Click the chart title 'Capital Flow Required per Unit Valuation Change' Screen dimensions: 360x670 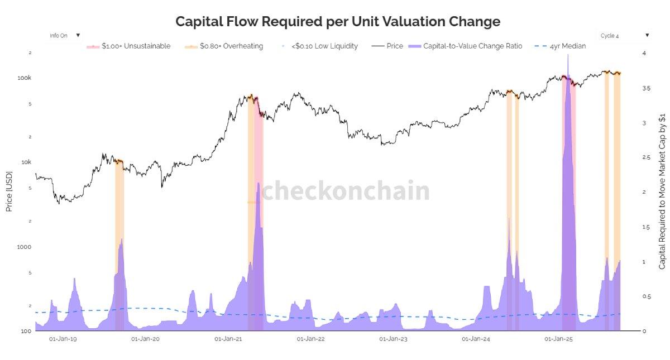pyautogui.click(x=338, y=21)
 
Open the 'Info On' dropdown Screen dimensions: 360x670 pyautogui.click(x=65, y=35)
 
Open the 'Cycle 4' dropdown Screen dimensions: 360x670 pyautogui.click(x=624, y=35)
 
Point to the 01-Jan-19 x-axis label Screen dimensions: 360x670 pyautogui.click(x=63, y=339)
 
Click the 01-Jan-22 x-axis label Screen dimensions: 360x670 pyautogui.click(x=311, y=339)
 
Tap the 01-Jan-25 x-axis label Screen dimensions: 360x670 pyautogui.click(x=559, y=339)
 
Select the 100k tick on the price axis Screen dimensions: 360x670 pyautogui.click(x=25, y=78)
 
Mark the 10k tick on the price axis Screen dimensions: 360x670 pyautogui.click(x=26, y=162)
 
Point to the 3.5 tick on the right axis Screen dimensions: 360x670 pyautogui.click(x=646, y=88)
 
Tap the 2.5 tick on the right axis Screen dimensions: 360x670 pyautogui.click(x=646, y=158)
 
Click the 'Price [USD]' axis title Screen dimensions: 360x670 pyautogui.click(x=9, y=191)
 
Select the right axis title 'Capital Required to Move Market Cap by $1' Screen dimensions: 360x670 pyautogui.click(x=662, y=191)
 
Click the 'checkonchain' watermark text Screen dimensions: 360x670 pyautogui.click(x=346, y=191)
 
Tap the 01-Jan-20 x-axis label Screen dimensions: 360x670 pyautogui.click(x=146, y=339)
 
